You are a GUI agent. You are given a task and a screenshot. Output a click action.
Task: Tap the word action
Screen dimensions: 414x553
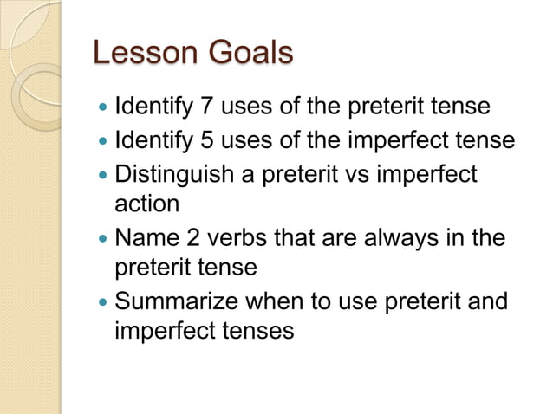(146, 204)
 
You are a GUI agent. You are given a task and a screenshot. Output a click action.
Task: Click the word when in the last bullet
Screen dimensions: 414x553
(283, 301)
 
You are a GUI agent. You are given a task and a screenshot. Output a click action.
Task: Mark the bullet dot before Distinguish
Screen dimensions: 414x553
(103, 173)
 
